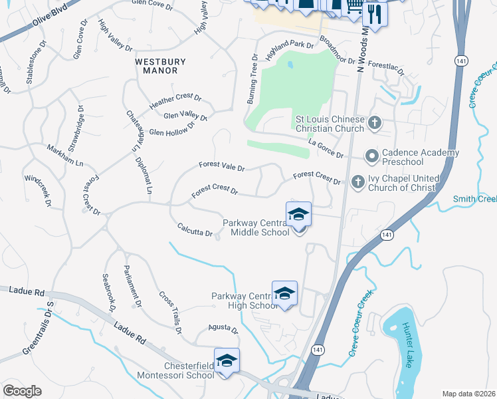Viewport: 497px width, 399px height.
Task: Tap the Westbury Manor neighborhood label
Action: coord(160,66)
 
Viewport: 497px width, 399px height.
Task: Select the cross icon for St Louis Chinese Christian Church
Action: coord(375,122)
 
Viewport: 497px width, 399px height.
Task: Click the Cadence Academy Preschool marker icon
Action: coord(371,157)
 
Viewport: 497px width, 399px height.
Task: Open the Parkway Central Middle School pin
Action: coord(299,215)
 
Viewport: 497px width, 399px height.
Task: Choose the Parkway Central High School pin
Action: coord(284,294)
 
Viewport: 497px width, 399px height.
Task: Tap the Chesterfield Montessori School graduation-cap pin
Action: coord(227,361)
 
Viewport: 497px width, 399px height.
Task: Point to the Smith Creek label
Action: coord(474,199)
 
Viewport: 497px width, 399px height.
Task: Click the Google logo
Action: coord(22,390)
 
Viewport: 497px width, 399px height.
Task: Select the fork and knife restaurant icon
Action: coord(375,14)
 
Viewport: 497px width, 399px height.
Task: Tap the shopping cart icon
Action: coord(354,6)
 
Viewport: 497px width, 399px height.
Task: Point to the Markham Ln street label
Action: coord(64,156)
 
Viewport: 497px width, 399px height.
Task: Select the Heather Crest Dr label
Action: coord(175,102)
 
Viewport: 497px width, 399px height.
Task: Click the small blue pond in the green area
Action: coord(290,66)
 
